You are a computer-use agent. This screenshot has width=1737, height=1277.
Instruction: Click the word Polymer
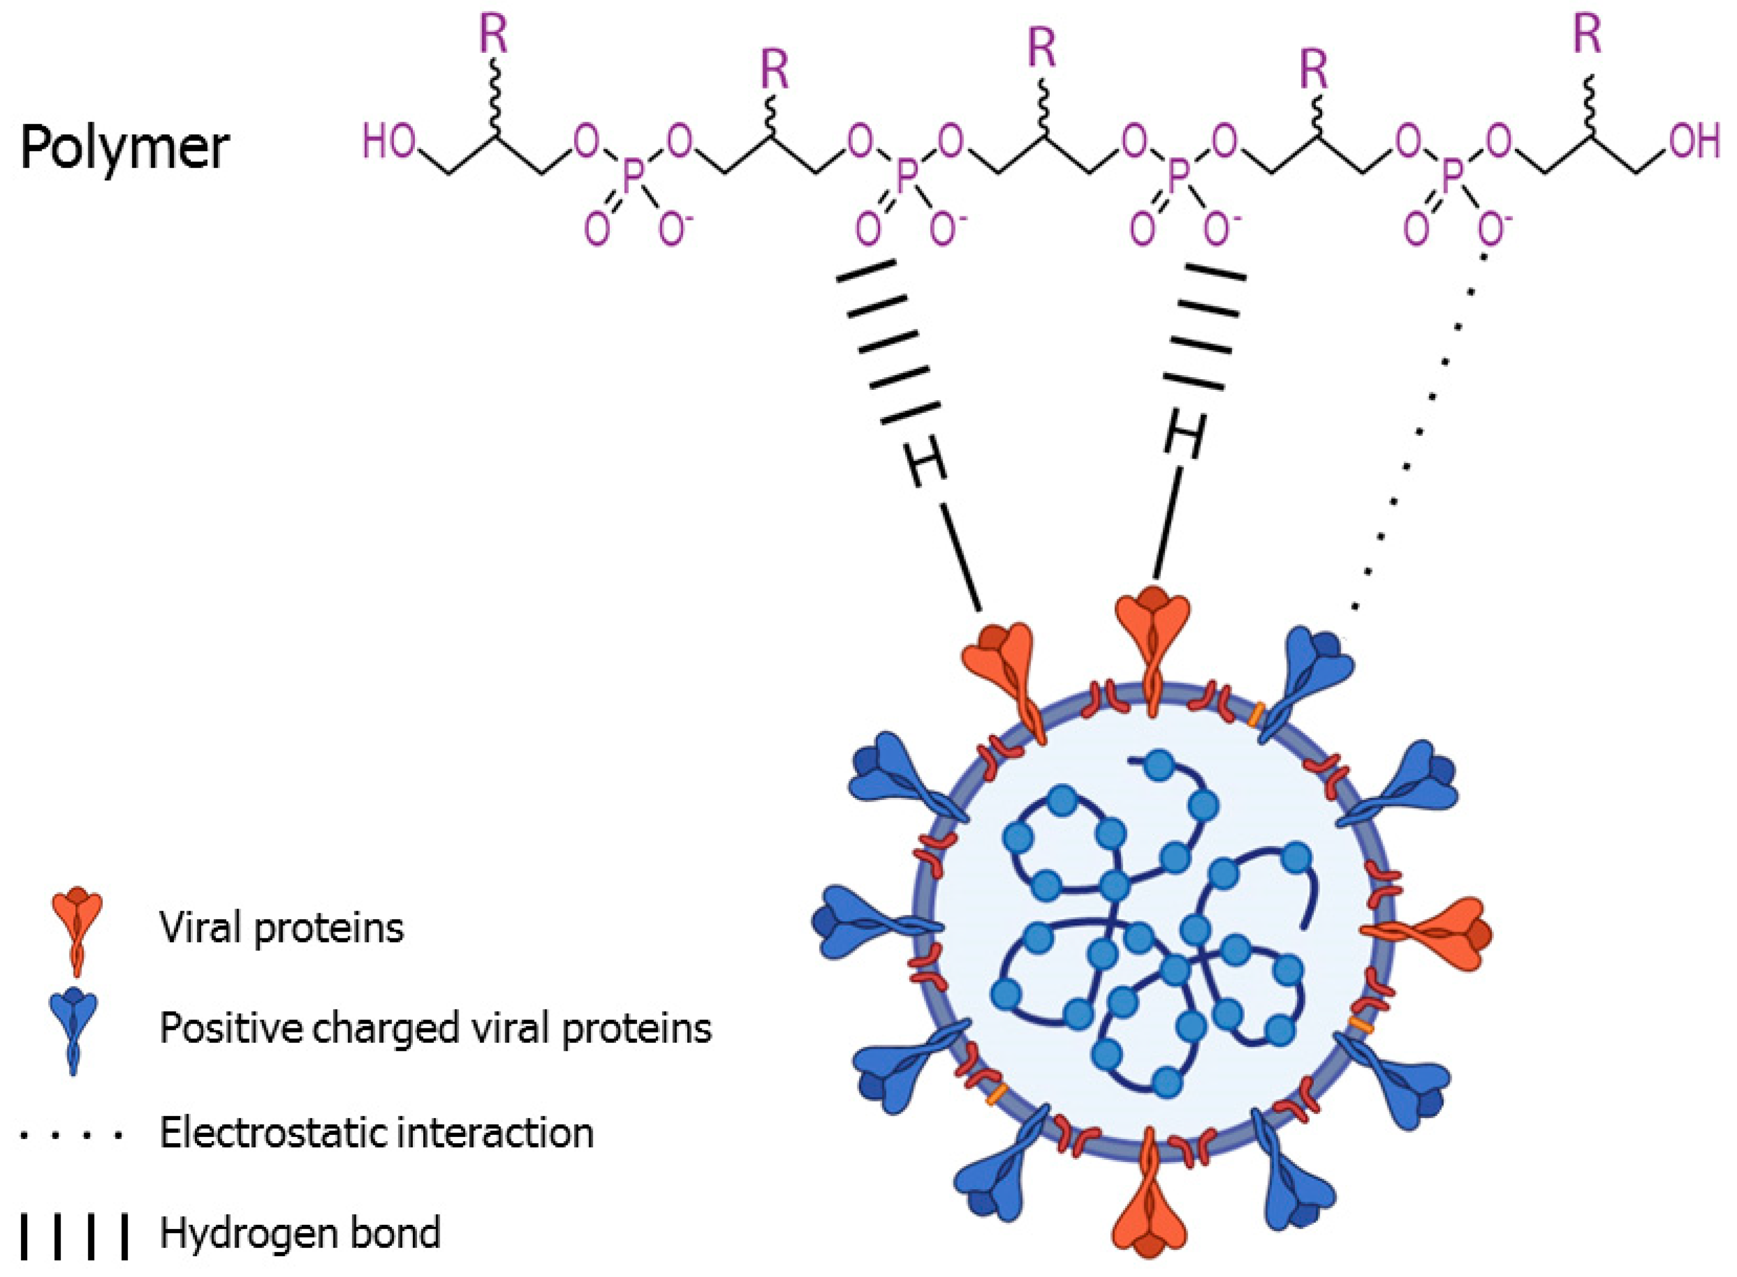(124, 148)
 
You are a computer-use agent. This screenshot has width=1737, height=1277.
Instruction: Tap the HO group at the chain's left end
(389, 143)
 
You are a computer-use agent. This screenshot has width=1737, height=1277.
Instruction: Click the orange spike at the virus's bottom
(1152, 1214)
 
